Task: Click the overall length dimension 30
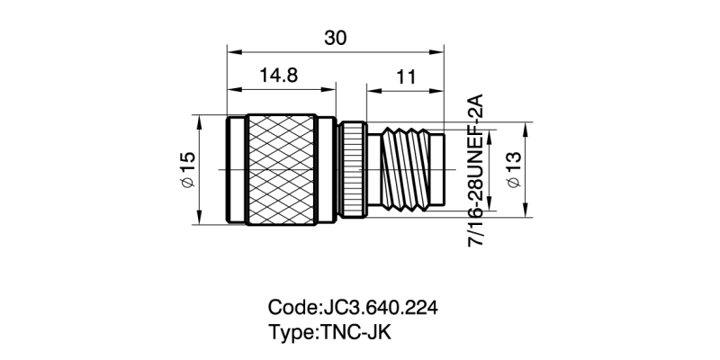click(335, 38)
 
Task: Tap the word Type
click(291, 331)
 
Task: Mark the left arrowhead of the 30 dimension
click(230, 50)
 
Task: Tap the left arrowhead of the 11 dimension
click(370, 89)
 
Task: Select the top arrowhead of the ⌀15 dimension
click(200, 119)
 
